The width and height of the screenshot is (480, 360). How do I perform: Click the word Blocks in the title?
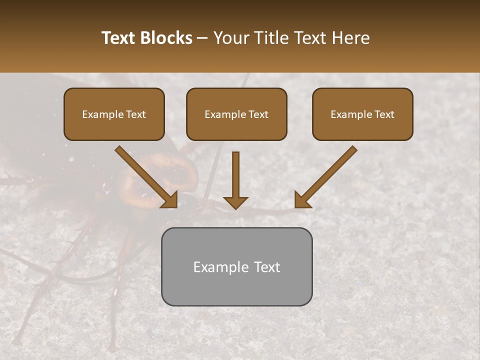(166, 38)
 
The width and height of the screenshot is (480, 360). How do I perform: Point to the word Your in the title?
(231, 38)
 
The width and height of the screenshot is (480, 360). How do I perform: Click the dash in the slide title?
(202, 38)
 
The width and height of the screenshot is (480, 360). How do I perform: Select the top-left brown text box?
(114, 114)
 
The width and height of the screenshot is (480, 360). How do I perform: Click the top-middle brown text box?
(236, 114)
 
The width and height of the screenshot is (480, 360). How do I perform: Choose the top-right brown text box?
(362, 114)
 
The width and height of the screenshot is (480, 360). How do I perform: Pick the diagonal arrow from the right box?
(326, 176)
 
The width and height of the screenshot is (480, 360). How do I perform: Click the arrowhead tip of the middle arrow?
(235, 207)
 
